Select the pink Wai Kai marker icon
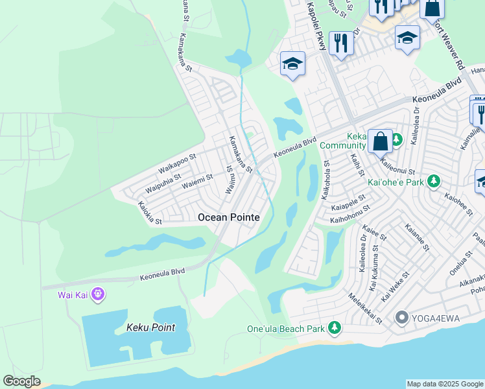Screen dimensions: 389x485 pyautogui.click(x=99, y=295)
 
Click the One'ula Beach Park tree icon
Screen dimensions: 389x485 pyautogui.click(x=335, y=328)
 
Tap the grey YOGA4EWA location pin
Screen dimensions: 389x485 pyautogui.click(x=402, y=318)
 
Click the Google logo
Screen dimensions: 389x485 pyautogui.click(x=21, y=381)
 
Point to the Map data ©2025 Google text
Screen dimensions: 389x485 pyautogui.click(x=445, y=384)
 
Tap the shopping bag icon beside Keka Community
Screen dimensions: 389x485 pyautogui.click(x=380, y=141)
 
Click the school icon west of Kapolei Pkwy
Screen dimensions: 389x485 pyautogui.click(x=292, y=64)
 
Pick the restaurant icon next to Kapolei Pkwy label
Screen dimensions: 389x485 pyautogui.click(x=340, y=43)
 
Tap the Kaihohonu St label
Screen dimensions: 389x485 pyautogui.click(x=349, y=214)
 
